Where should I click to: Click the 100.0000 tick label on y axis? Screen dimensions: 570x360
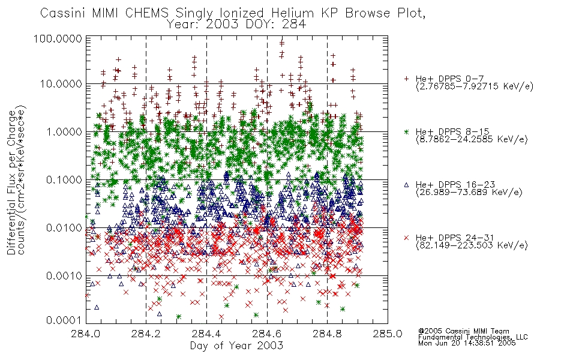coord(58,38)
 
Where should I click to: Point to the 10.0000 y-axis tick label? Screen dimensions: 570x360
coord(61,84)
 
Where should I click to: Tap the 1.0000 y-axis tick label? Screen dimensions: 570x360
coord(64,131)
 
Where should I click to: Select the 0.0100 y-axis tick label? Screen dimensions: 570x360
coord(64,228)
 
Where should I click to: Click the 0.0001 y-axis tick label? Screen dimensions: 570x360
coord(64,320)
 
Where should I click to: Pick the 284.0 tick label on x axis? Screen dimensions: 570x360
coord(86,334)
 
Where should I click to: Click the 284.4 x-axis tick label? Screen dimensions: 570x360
coord(206,334)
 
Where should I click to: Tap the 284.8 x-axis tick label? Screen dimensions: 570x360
coord(327,334)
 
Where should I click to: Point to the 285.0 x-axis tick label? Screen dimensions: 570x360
coord(388,334)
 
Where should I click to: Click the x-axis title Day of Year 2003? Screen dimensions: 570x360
coord(236,346)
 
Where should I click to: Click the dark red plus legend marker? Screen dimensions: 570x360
coord(406,79)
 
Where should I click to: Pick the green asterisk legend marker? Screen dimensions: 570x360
coord(406,131)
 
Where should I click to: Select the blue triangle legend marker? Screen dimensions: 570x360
coord(406,185)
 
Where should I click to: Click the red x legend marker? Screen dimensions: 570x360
coord(406,238)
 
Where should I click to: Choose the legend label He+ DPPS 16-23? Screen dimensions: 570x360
coord(455,185)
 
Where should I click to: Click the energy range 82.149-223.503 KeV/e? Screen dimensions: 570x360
coord(472,245)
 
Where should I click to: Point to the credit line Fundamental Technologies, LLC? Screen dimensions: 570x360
coord(473,337)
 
